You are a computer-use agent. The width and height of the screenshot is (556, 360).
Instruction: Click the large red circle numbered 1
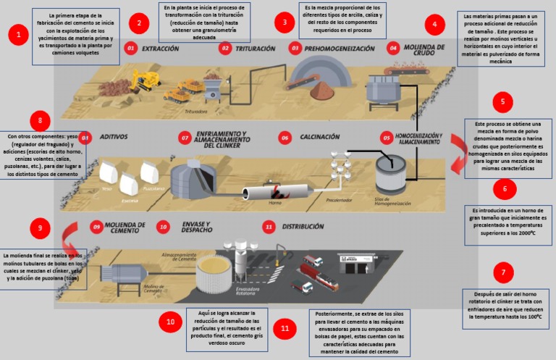click(18, 35)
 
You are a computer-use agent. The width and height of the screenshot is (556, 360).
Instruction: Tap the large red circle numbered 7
click(502, 273)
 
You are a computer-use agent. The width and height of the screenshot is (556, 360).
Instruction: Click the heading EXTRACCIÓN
click(160, 49)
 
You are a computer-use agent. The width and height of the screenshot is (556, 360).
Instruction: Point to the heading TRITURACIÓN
click(255, 49)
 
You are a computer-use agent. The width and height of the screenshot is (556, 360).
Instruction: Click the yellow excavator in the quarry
click(146, 79)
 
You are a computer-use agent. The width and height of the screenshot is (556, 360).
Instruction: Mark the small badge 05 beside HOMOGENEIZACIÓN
click(387, 136)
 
